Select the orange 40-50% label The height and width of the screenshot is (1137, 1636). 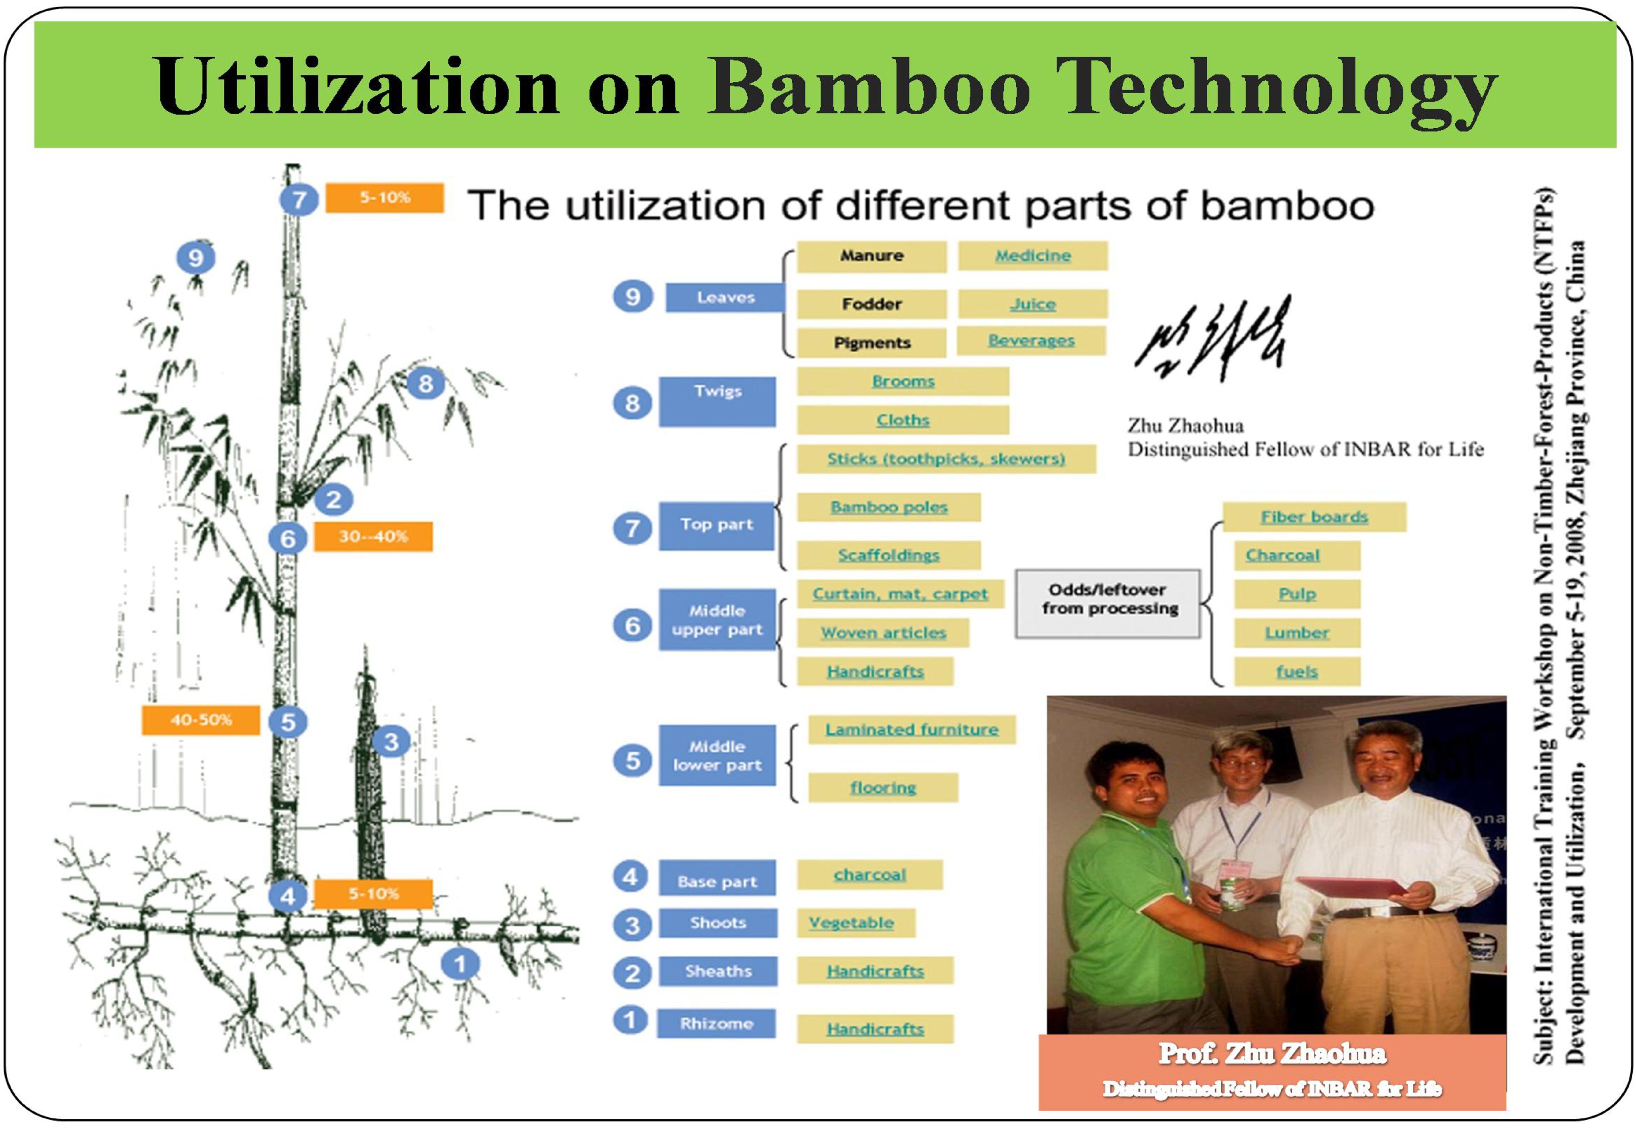(x=201, y=720)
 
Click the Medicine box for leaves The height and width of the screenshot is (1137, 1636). (x=1033, y=256)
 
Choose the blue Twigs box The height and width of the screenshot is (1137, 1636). (x=717, y=402)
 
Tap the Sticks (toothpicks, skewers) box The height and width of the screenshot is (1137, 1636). (x=947, y=459)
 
